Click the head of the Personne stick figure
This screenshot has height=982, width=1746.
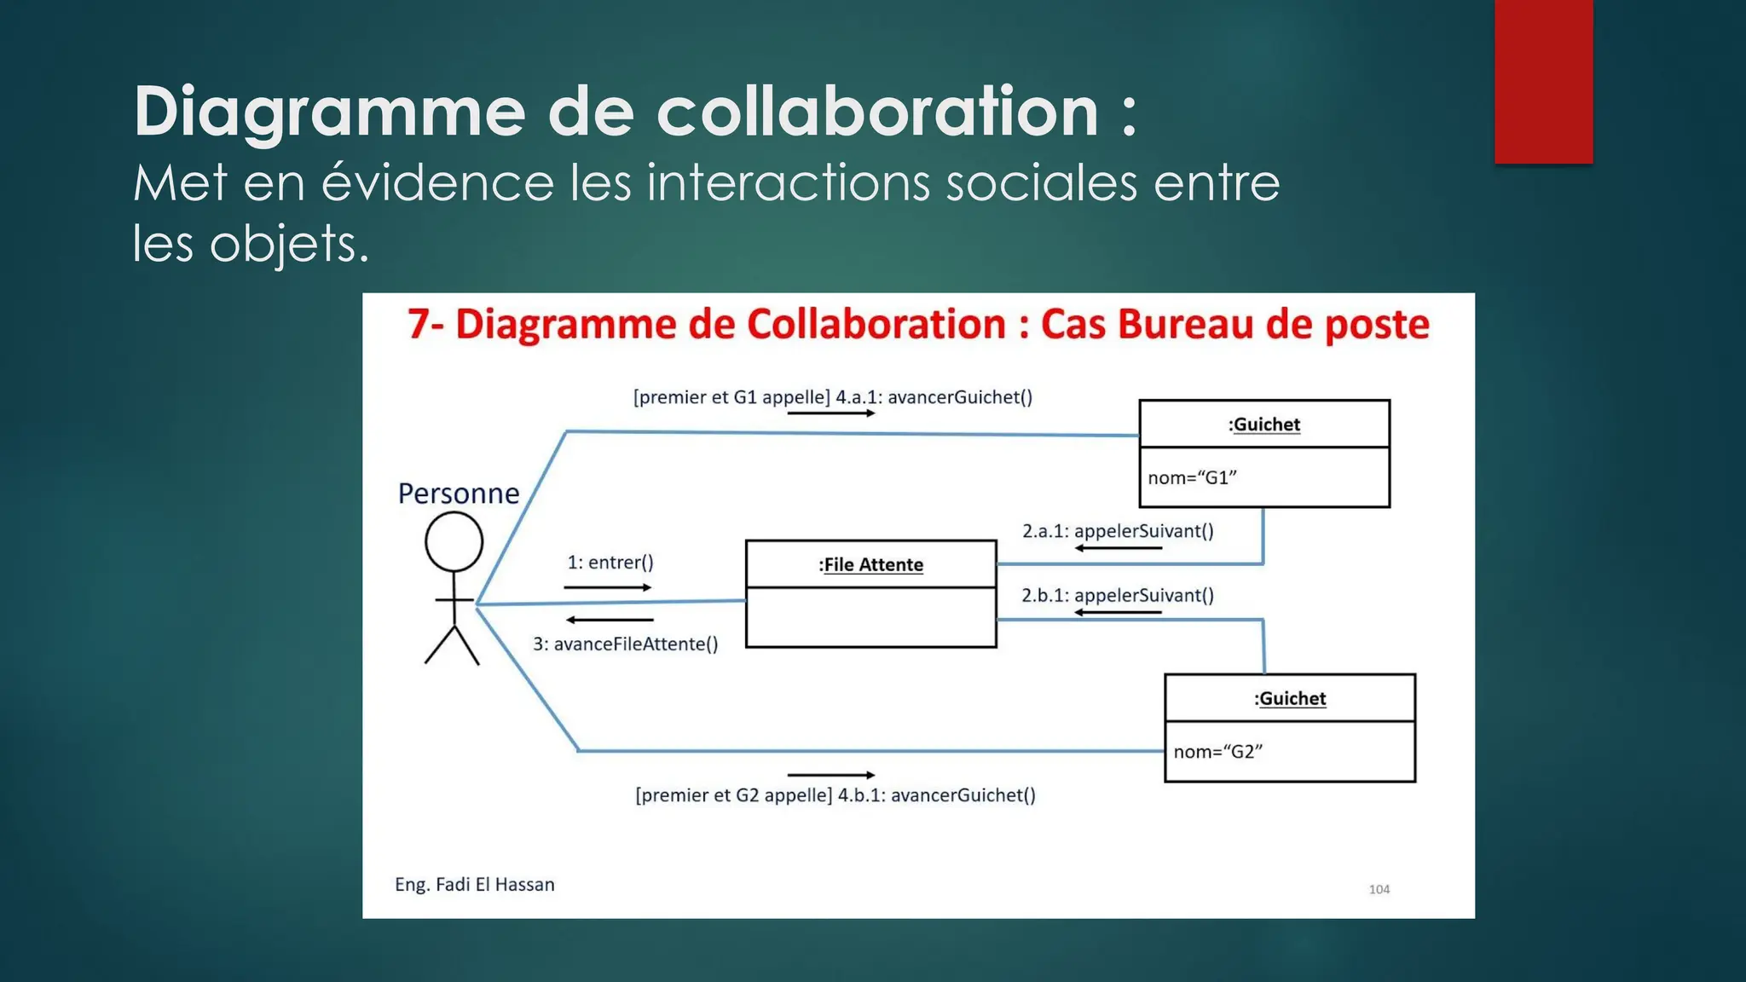tap(454, 542)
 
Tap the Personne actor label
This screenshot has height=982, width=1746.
tap(459, 494)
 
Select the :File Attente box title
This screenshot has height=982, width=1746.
tap(870, 564)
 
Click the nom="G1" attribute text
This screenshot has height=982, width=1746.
tap(1192, 477)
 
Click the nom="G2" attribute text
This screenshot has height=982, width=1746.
tap(1217, 751)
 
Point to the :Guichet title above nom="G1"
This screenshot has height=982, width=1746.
tap(1264, 425)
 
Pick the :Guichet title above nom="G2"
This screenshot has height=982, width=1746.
tap(1290, 698)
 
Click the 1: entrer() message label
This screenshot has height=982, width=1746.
tap(610, 563)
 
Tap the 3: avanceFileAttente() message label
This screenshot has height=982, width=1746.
tap(626, 644)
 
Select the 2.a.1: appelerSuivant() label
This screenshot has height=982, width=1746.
tap(1118, 531)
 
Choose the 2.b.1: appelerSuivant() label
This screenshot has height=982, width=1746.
tap(1118, 595)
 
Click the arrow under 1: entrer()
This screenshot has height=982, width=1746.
tap(607, 587)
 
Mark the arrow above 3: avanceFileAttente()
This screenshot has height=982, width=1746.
tap(610, 620)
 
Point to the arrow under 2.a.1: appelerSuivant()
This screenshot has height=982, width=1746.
tap(1118, 548)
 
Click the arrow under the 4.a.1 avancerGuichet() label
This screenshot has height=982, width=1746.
tap(831, 413)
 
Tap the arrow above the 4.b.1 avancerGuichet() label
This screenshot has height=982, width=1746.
tap(831, 775)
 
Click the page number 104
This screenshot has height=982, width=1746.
tap(1379, 889)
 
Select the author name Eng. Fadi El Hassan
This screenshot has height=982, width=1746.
tap(475, 885)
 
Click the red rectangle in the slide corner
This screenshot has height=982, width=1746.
tap(1543, 81)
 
